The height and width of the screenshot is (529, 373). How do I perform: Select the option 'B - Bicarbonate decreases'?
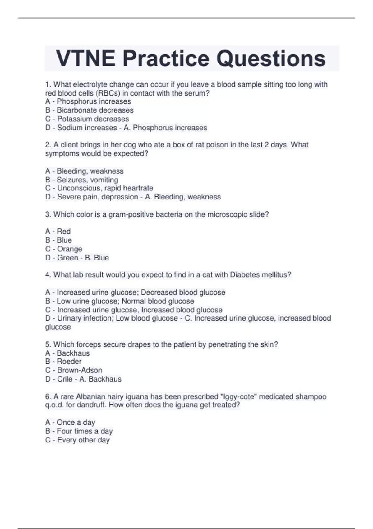[x=89, y=110]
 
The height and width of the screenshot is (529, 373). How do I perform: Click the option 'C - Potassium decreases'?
[x=87, y=119]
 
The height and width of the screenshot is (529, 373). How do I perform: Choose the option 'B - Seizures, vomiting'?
[x=81, y=180]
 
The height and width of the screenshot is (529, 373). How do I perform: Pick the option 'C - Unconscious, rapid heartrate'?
[x=99, y=188]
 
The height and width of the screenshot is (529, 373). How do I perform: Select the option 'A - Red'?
[x=58, y=231]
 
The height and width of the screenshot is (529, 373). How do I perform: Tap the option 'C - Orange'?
[x=64, y=249]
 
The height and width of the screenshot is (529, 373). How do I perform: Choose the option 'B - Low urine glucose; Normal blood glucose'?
[x=120, y=301]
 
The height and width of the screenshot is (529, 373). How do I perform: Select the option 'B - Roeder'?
[x=63, y=361]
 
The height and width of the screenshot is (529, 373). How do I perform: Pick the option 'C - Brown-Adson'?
[x=74, y=370]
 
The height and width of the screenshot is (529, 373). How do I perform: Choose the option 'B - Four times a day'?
[x=79, y=431]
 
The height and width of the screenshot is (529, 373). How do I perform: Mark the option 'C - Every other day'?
[x=77, y=440]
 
